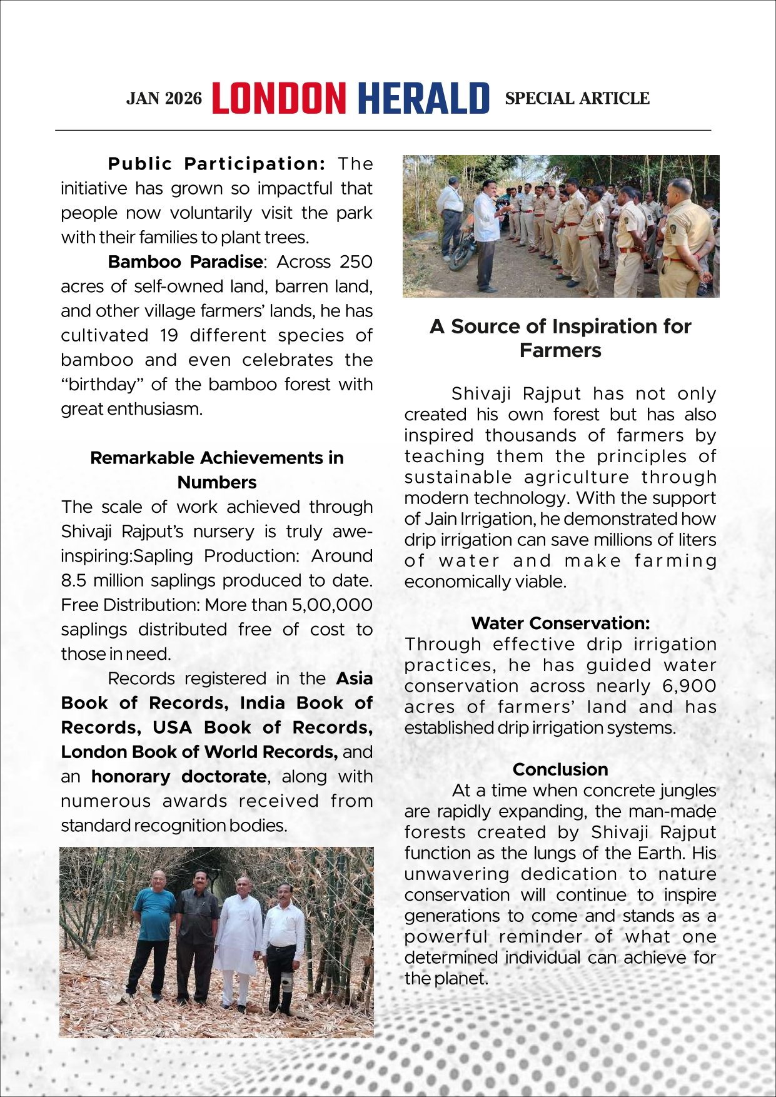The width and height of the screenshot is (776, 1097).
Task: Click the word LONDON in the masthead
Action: pyautogui.click(x=279, y=99)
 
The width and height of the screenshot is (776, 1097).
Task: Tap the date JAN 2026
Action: pyautogui.click(x=164, y=99)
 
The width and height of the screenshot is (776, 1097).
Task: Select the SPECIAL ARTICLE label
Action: pyautogui.click(x=577, y=99)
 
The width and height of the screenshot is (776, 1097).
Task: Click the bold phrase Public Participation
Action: pyautogui.click(x=216, y=164)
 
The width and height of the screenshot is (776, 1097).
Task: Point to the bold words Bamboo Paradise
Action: pyautogui.click(x=185, y=261)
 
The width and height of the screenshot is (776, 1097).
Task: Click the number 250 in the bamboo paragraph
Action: pyautogui.click(x=356, y=261)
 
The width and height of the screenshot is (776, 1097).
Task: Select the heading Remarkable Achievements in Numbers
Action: pyautogui.click(x=217, y=470)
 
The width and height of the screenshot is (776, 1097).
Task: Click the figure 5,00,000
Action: pyautogui.click(x=332, y=605)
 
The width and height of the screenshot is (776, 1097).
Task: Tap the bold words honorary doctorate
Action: pyautogui.click(x=179, y=776)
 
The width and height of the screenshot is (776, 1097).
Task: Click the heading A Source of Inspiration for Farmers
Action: pyautogui.click(x=560, y=338)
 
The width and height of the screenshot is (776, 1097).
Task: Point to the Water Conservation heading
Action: pyautogui.click(x=560, y=623)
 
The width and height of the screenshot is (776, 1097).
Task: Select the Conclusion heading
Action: pyautogui.click(x=560, y=769)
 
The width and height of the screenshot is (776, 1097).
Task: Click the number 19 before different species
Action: pyautogui.click(x=169, y=335)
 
